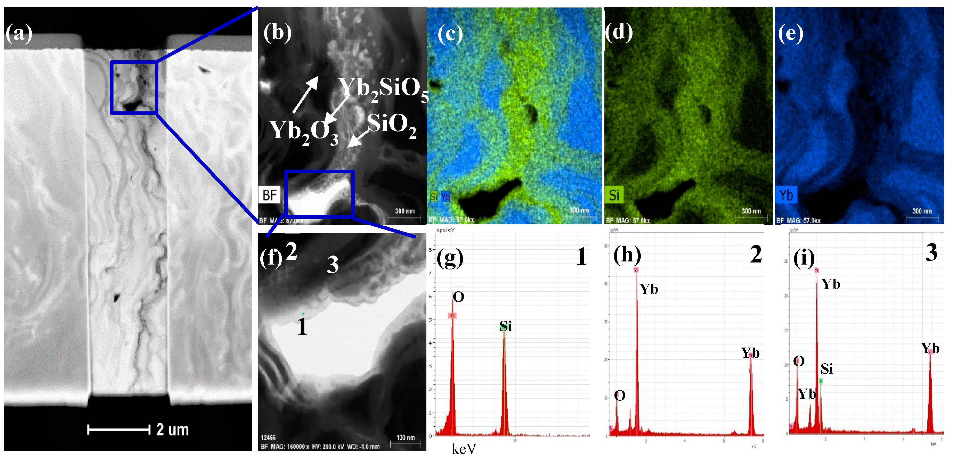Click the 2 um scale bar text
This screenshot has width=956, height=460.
173,430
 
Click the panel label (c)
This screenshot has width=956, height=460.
450,34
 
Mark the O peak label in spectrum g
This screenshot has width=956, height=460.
459,297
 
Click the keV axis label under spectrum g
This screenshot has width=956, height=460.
464,449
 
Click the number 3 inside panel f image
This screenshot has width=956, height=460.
333,265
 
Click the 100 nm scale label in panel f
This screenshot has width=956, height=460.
405,438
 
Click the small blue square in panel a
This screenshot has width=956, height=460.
134,87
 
